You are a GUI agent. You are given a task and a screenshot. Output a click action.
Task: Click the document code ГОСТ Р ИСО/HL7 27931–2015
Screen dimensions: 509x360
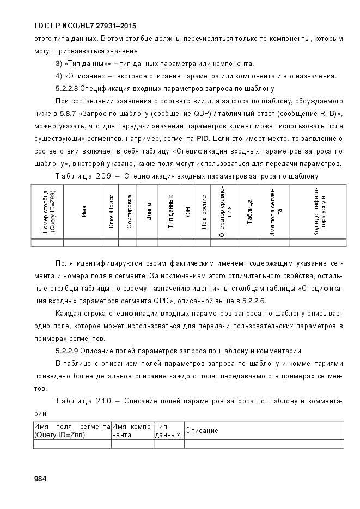coord(77,26)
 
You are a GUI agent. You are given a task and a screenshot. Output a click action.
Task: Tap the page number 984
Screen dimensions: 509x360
coord(40,479)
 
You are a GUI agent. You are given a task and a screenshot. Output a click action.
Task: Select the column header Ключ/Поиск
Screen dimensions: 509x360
coord(111,211)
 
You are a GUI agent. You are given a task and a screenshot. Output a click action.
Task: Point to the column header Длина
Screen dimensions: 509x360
coord(148,211)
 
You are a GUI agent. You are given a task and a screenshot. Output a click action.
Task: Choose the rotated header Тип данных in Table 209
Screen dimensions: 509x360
coord(170,211)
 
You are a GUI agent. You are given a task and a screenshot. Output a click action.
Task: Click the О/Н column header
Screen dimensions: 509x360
coord(186,211)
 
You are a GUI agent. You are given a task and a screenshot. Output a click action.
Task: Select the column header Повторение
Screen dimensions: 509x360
coord(204,211)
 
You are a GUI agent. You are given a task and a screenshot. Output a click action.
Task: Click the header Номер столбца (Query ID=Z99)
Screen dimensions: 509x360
coord(48,211)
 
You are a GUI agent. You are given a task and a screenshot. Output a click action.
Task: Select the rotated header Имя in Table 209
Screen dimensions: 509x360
coord(84,211)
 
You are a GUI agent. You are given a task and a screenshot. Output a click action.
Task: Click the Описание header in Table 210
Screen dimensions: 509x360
coord(202,431)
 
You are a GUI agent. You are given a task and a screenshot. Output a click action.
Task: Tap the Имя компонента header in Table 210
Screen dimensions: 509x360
coord(132,431)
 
